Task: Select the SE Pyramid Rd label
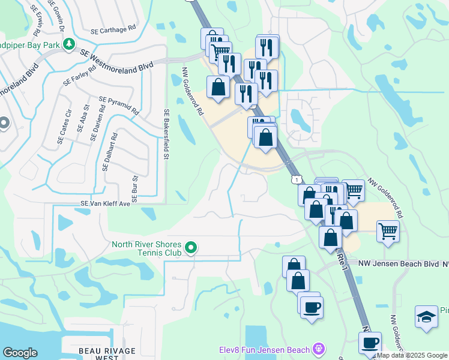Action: tap(119, 106)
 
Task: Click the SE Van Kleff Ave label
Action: tap(101, 204)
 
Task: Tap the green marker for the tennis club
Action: tap(191, 247)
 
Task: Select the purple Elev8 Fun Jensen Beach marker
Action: tap(318, 349)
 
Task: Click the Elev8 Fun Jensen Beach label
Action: tap(264, 349)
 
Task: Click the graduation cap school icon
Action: tap(426, 317)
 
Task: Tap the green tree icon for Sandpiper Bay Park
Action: tap(70, 44)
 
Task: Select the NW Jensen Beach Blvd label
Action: tap(399, 263)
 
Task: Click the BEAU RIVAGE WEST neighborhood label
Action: tap(99, 353)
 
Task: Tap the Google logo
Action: tap(20, 353)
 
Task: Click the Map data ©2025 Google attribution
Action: tap(412, 356)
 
